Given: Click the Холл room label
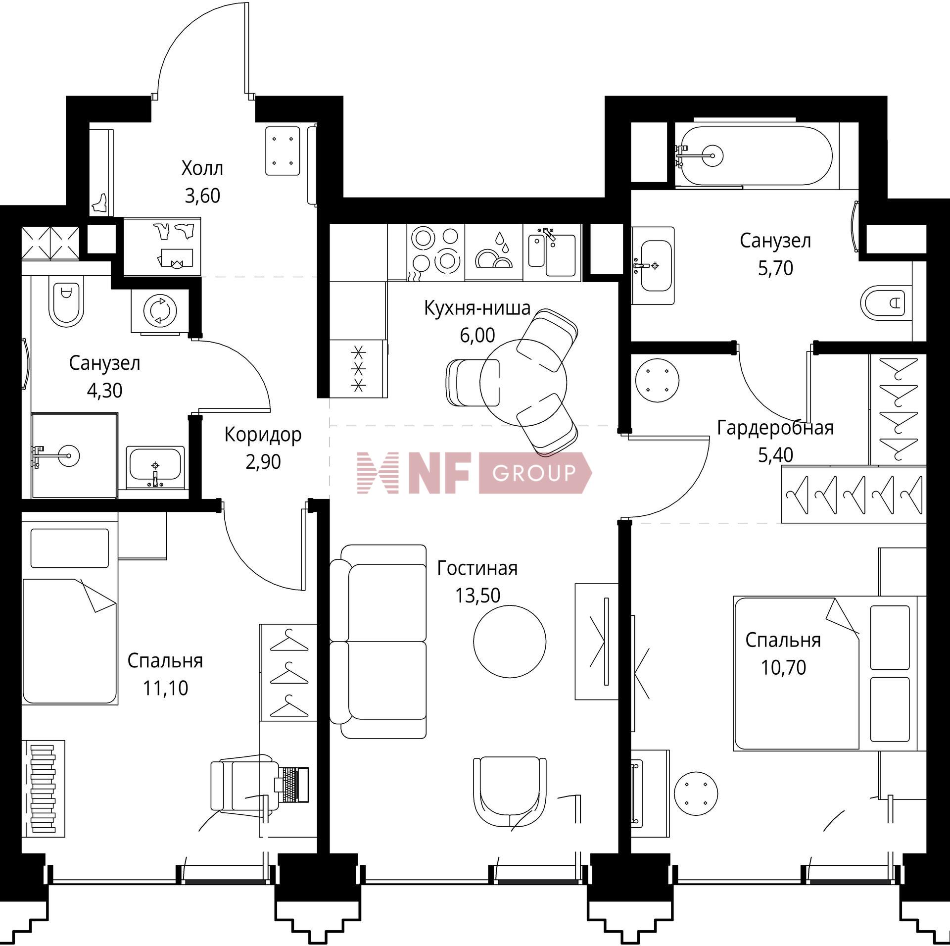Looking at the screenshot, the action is (202, 169).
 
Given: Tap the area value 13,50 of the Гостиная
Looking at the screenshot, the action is (477, 596).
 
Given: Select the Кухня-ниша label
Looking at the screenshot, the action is (477, 308).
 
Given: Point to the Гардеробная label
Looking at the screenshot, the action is (775, 428).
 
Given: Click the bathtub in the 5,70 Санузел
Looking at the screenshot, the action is (753, 155).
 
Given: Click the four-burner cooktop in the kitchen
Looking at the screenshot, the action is (436, 253).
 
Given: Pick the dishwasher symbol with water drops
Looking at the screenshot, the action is (494, 252).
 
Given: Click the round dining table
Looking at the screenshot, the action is (523, 383).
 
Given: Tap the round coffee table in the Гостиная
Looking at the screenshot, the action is (510, 642).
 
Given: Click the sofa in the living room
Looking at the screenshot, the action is (379, 642).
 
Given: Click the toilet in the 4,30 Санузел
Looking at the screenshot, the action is (65, 302).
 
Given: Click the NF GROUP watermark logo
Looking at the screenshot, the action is (474, 473).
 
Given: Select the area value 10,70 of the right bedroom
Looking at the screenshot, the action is (783, 668).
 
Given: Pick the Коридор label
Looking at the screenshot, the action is (263, 435).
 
